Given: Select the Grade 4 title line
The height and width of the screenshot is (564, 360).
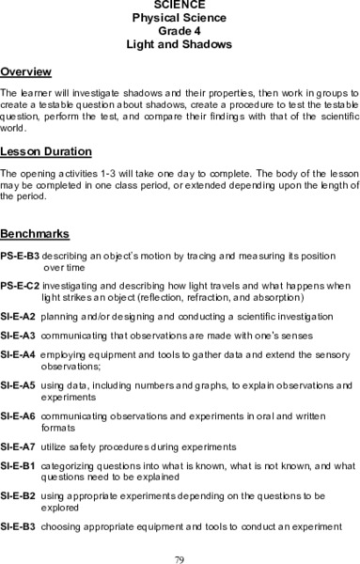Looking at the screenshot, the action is (179, 31).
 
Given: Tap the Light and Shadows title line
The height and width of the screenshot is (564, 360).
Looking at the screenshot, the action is (179, 44).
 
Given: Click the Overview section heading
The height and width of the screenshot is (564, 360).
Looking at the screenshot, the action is (26, 72).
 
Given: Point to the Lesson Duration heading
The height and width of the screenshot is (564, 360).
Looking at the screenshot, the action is (46, 151).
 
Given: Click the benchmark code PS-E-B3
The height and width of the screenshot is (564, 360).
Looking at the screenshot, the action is (20, 256).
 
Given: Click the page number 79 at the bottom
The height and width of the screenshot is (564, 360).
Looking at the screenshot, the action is (180, 558).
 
